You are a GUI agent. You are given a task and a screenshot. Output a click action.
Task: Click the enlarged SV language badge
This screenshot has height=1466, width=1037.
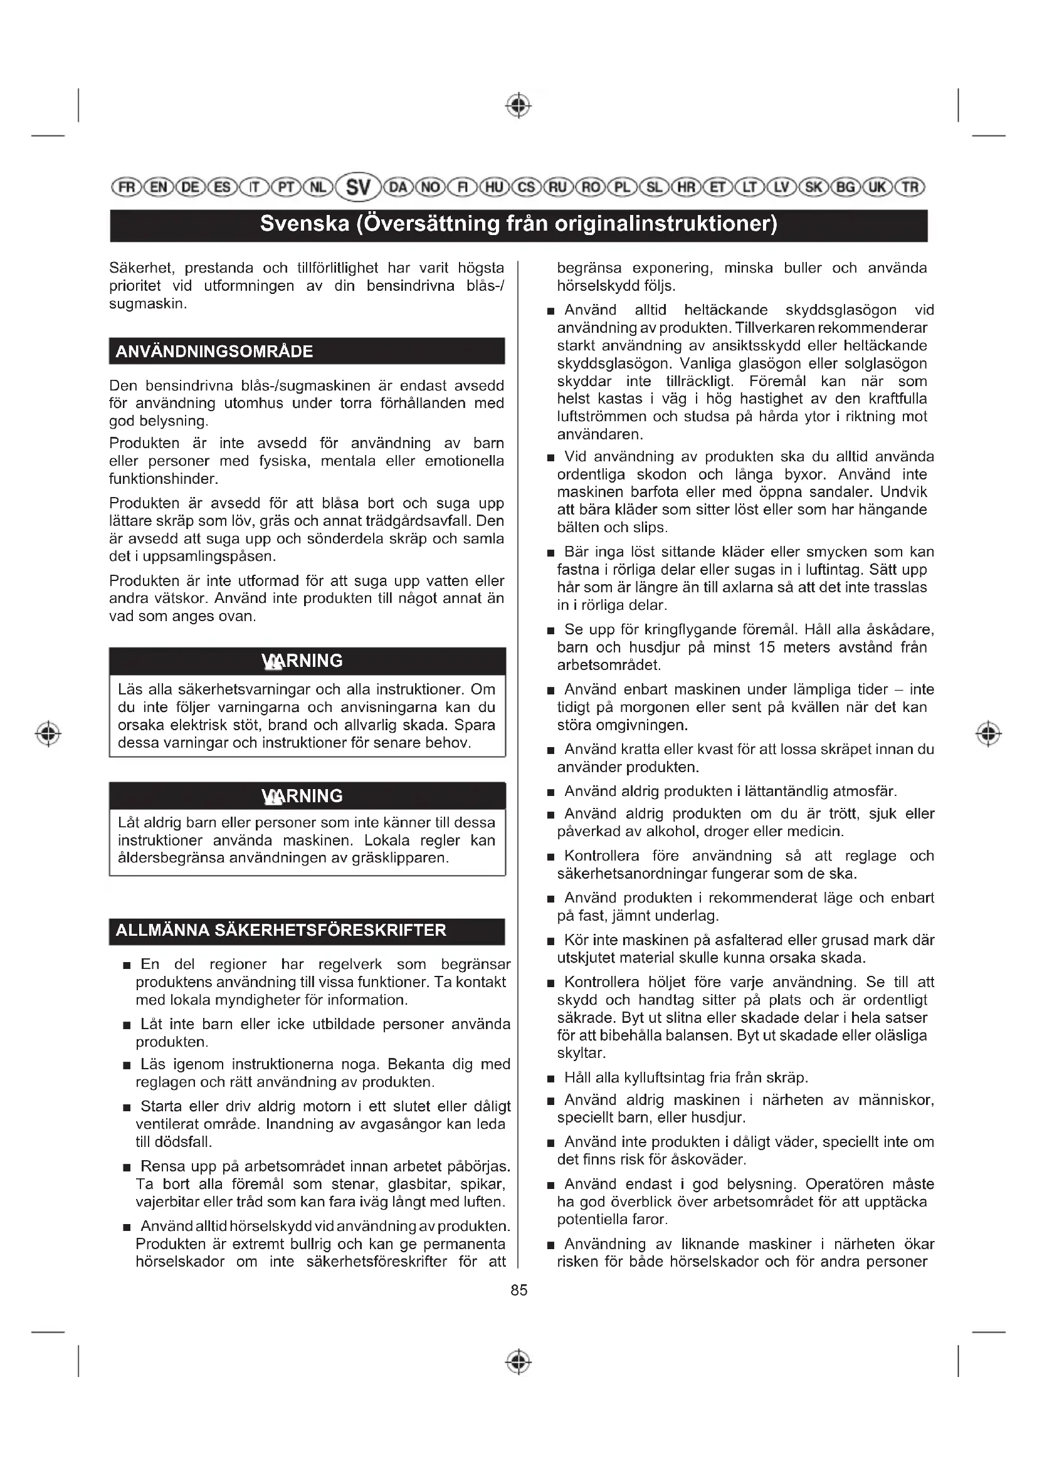[358, 187]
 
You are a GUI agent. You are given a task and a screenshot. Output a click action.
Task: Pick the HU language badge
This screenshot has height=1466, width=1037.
[493, 187]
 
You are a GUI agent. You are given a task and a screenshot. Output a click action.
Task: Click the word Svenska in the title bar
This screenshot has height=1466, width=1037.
[305, 224]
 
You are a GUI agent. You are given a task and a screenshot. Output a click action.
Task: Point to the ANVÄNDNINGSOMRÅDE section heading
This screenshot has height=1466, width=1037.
[214, 351]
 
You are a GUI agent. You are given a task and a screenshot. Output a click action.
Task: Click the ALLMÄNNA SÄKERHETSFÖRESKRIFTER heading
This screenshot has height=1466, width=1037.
[281, 930]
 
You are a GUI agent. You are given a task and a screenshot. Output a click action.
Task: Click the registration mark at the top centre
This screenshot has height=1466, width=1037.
[518, 105]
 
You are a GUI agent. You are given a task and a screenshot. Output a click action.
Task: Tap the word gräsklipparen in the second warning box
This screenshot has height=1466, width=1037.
[406, 857]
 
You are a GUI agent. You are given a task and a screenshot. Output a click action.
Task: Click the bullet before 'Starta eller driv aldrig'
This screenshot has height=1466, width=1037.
[127, 1107]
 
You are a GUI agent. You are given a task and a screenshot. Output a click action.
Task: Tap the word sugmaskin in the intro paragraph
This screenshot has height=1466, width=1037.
[147, 303]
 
